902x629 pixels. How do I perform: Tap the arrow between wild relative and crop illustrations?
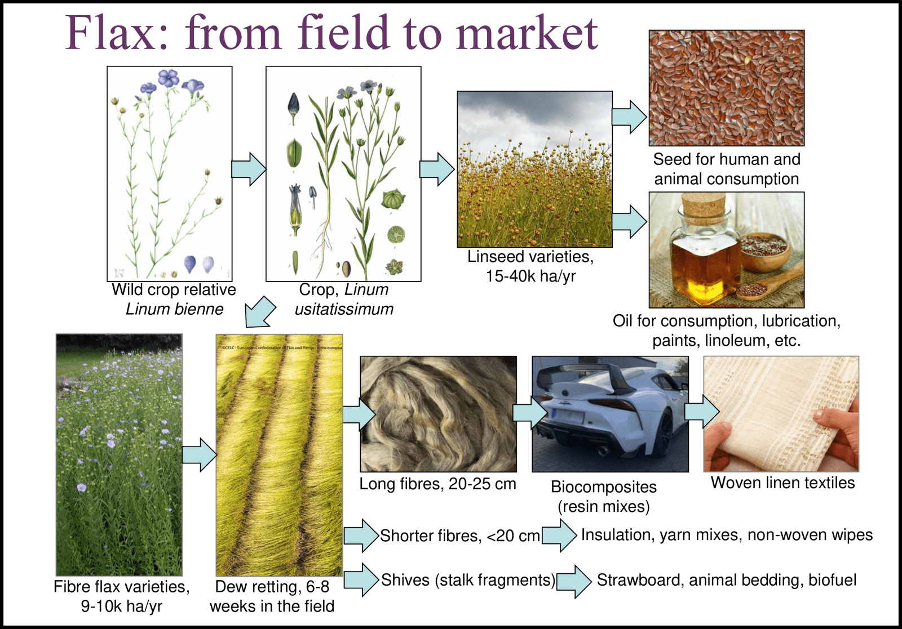coord(249,169)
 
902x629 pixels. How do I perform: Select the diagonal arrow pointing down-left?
coord(260,312)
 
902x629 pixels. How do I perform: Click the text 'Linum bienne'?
coord(174,309)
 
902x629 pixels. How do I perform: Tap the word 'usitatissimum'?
coord(344,309)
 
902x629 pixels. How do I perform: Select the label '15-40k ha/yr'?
coord(530,276)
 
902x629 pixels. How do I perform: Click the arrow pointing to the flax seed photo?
coord(629,117)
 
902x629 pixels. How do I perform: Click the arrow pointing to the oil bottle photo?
coord(629,221)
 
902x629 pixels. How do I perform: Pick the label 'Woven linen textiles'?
coord(782,483)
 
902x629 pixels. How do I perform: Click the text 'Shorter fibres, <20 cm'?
coord(459,536)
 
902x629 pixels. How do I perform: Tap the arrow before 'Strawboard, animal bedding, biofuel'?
coord(573,581)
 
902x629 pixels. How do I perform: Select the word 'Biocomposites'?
coord(603,487)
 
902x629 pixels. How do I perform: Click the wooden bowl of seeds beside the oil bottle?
coord(764,251)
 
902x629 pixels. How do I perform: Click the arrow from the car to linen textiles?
coord(701,412)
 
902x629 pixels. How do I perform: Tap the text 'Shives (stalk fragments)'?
coord(468,580)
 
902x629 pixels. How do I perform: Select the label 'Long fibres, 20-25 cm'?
coord(437,484)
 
